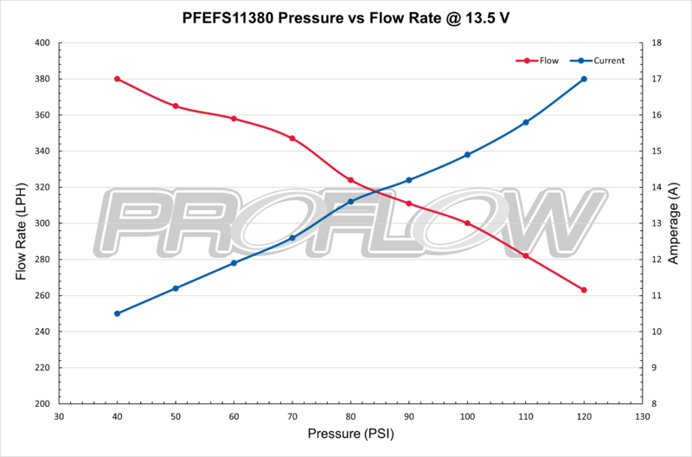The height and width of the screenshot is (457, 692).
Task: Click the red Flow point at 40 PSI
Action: point(117,79)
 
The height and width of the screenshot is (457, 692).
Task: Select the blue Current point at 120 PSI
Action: point(584,79)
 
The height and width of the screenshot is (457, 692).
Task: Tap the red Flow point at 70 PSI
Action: point(292,138)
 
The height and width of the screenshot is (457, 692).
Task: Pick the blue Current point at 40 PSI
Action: point(117,313)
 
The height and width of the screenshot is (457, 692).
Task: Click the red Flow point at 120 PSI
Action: point(584,290)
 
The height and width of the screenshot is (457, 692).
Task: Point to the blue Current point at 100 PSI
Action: point(467,155)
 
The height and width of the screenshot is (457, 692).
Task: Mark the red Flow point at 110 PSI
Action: point(526,255)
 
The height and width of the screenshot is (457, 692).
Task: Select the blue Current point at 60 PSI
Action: point(234,263)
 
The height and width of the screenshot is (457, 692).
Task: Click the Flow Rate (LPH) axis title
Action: point(20,223)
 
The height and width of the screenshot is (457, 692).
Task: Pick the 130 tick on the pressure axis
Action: point(642,416)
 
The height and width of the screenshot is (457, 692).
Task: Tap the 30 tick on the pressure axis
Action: point(59,416)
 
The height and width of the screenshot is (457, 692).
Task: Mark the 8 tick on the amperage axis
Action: point(655,404)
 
